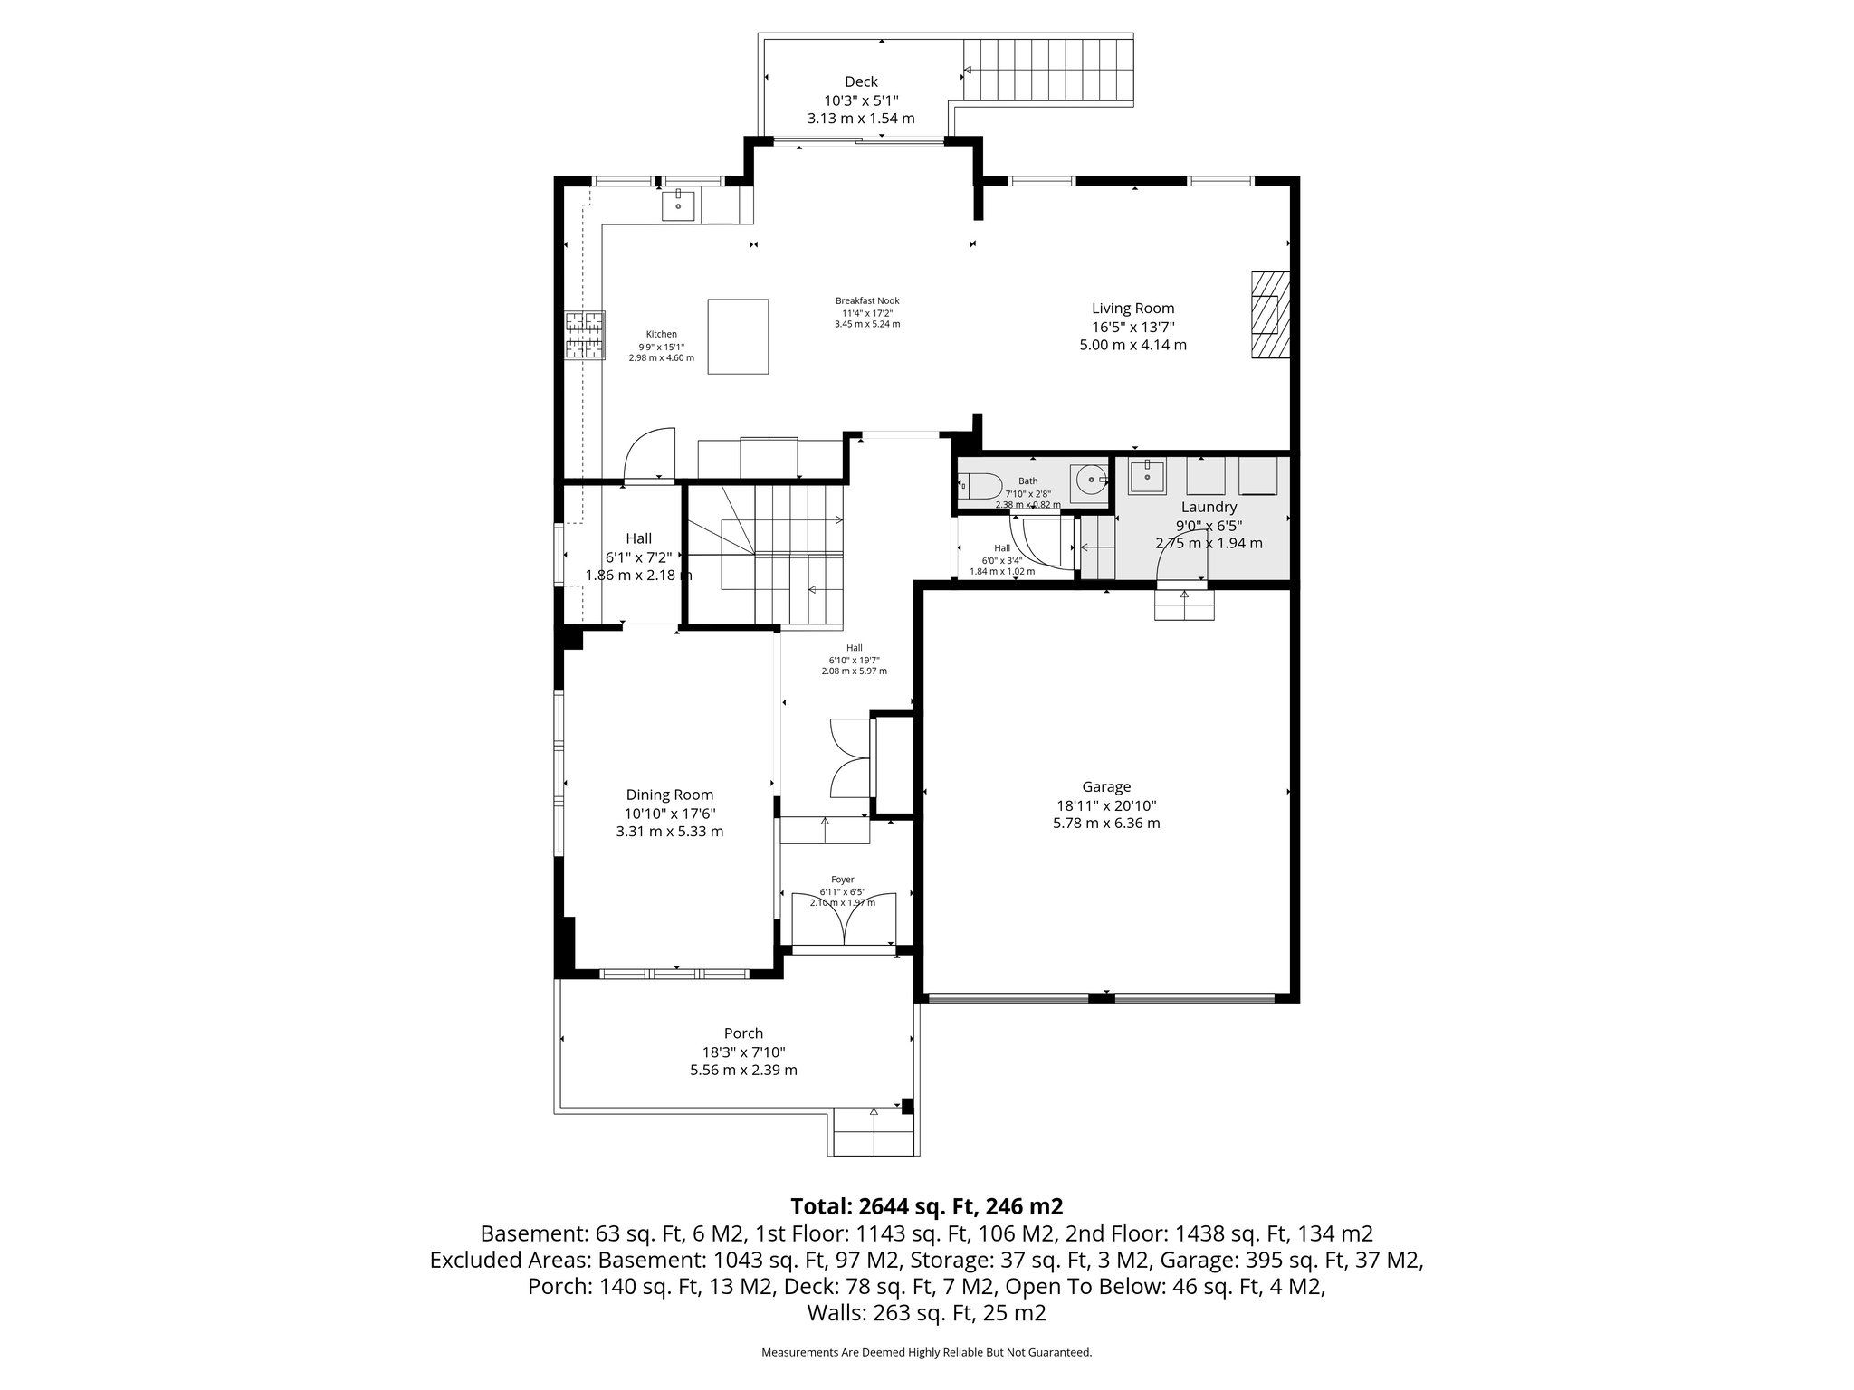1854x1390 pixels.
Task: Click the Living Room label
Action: pos(1132,309)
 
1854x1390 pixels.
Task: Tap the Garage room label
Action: pos(1106,786)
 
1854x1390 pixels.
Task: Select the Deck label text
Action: pos(861,81)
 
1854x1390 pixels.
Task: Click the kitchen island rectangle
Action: pos(739,336)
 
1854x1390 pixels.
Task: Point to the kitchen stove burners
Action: pos(586,336)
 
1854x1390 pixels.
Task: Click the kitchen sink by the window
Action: pos(678,205)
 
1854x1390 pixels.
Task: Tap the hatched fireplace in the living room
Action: pos(1266,316)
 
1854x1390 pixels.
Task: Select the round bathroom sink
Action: pos(1091,481)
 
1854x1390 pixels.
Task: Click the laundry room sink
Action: pos(1147,475)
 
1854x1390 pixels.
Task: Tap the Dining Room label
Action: pos(669,795)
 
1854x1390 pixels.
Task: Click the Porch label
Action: pos(743,1033)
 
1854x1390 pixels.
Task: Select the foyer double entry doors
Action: pos(844,920)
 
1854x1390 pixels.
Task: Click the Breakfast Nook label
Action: pos(867,301)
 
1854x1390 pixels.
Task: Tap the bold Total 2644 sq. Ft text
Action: pos(926,1206)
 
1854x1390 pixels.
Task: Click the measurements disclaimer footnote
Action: pos(926,1353)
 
